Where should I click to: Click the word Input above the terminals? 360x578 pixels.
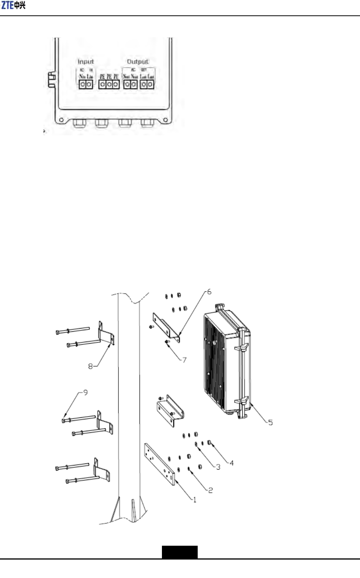click(x=85, y=61)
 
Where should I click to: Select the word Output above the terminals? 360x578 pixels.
click(x=137, y=61)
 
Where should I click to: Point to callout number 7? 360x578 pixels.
click(x=184, y=360)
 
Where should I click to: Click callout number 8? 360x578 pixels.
click(x=91, y=366)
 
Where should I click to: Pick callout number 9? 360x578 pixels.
click(x=85, y=393)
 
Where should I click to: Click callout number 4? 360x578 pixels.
click(x=231, y=463)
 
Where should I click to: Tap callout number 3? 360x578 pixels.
click(x=218, y=467)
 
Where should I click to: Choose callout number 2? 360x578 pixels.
click(x=210, y=490)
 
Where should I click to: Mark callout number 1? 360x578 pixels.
click(x=195, y=500)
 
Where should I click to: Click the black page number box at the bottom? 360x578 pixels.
click(x=180, y=552)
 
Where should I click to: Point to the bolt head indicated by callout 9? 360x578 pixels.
click(x=63, y=420)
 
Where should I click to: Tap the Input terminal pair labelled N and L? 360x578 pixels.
click(x=86, y=84)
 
